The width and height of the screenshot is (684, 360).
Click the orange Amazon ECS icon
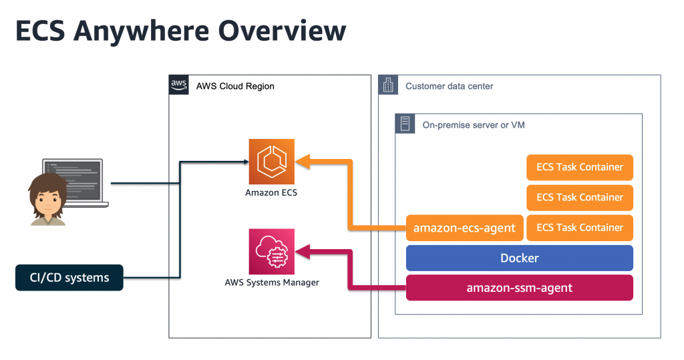pyautogui.click(x=271, y=161)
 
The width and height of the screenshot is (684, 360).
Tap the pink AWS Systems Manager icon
pyautogui.click(x=271, y=251)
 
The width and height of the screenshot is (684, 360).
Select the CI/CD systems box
pyautogui.click(x=69, y=277)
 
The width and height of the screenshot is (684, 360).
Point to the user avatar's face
pyautogui.click(x=47, y=200)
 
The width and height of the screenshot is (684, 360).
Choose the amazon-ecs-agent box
pyautogui.click(x=464, y=228)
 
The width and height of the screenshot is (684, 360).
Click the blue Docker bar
pyautogui.click(x=519, y=258)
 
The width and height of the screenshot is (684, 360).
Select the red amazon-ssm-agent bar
pyautogui.click(x=519, y=288)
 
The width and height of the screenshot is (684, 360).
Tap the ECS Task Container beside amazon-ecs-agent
pyautogui.click(x=579, y=228)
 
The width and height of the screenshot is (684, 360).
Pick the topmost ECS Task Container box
pyautogui.click(x=579, y=167)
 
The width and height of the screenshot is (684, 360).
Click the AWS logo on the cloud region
pyautogui.click(x=179, y=85)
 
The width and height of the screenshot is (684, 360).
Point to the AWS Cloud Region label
pyautogui.click(x=234, y=86)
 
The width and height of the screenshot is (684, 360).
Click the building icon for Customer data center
pyautogui.click(x=388, y=85)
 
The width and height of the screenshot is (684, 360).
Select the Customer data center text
pyautogui.click(x=449, y=86)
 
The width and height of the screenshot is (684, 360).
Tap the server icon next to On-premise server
pyautogui.click(x=405, y=124)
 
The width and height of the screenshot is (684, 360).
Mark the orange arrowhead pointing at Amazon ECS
pyautogui.click(x=301, y=161)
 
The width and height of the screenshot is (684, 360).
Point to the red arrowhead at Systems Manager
pyautogui.click(x=301, y=251)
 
